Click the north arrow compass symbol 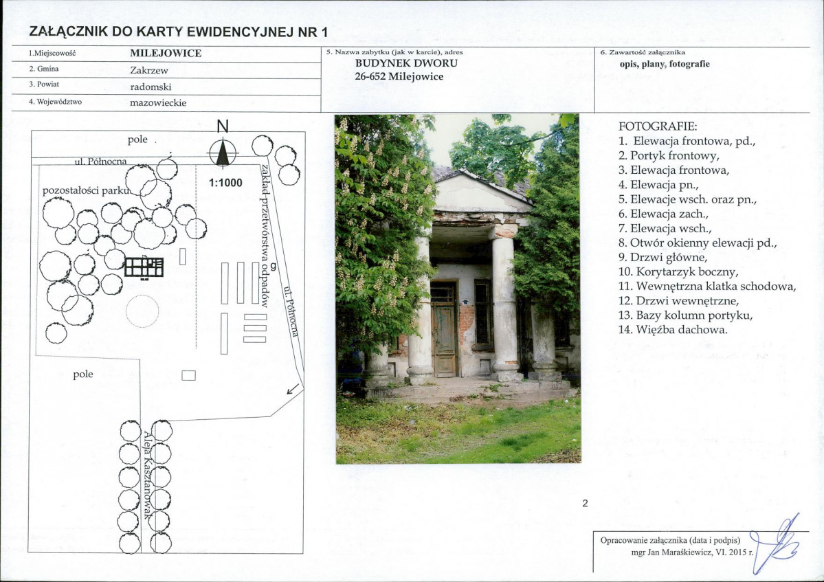tap(223, 153)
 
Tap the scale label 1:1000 tap(225, 183)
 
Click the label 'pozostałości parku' tap(86, 190)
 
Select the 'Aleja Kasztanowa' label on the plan tap(148, 474)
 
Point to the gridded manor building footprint tap(144, 267)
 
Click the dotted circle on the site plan tap(142, 311)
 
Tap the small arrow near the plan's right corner tap(293, 389)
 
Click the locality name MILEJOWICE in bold tap(166, 53)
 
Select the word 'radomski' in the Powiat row tap(151, 87)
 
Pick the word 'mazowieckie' tap(158, 102)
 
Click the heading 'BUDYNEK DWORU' tap(406, 63)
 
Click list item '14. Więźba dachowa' tap(673, 330)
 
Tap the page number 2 tap(586, 503)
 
